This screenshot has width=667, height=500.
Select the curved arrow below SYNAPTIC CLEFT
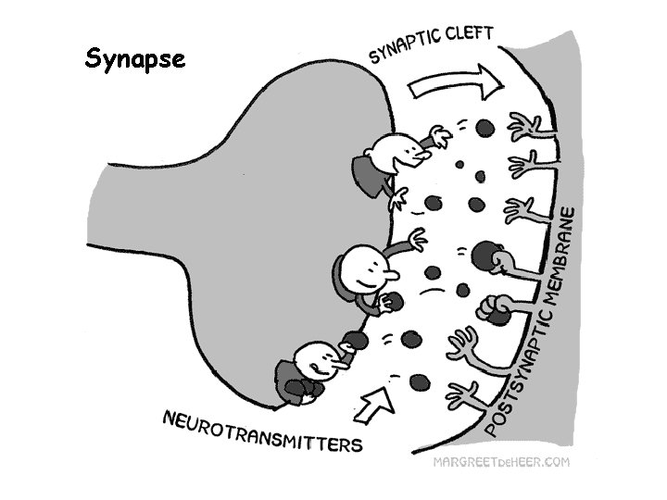tap(456, 84)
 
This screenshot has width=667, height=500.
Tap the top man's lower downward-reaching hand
tap(401, 197)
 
